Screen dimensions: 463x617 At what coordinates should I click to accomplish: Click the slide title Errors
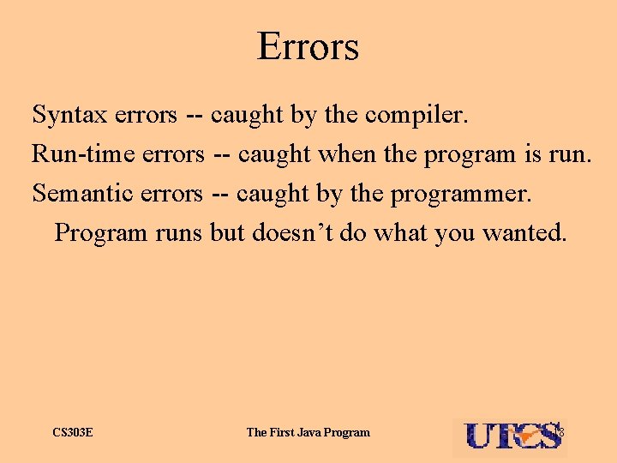308,46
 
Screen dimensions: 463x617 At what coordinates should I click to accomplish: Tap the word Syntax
67,114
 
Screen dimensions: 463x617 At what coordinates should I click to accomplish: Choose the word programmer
461,195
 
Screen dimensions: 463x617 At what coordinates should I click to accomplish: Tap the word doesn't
291,233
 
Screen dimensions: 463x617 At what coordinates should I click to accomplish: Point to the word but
227,233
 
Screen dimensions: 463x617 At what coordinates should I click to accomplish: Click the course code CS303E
73,432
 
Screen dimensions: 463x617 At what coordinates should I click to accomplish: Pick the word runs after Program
178,233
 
